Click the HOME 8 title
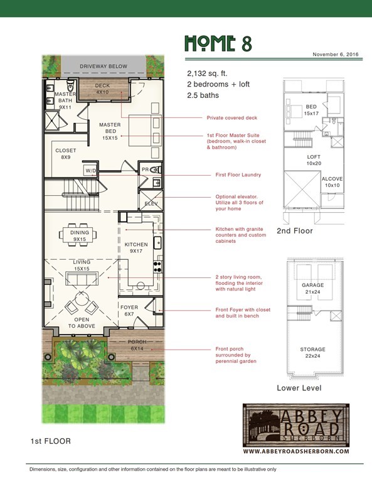pos(218,43)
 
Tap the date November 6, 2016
pos(336,55)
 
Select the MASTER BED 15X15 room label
pos(110,131)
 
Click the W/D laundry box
pos(90,170)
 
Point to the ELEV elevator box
pos(151,200)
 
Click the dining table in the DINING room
pos(78,235)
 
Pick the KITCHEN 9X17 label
pos(136,247)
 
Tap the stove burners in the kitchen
pos(158,267)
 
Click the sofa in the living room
pos(82,278)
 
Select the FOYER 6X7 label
pos(129,311)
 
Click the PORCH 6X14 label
pos(137,345)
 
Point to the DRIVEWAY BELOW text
pos(104,67)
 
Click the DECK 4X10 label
pos(102,89)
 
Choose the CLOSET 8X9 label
pos(66,154)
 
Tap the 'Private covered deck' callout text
pos(232,118)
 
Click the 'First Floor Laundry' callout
pos(238,174)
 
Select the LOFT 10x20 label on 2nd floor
pos(314,160)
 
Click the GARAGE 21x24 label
pos(312,288)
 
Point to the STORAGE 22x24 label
pos(312,353)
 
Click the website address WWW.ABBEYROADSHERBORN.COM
pos(296,451)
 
